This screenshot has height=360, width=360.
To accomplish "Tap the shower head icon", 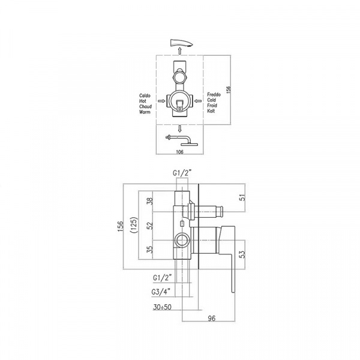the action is pos(181,140).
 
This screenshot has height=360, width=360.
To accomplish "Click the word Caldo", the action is pos(145,95).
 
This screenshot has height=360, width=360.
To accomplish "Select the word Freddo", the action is pos(214,94).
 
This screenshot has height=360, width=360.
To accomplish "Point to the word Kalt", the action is pos(211,111).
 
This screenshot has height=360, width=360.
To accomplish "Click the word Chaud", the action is pos(145,107).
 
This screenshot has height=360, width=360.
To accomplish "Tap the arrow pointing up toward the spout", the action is pos(180,51).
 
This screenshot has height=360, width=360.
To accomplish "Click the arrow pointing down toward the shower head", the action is pos(180,128).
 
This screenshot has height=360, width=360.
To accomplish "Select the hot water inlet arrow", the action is pos(161,101).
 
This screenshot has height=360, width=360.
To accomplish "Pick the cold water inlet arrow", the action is pos(198,101).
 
